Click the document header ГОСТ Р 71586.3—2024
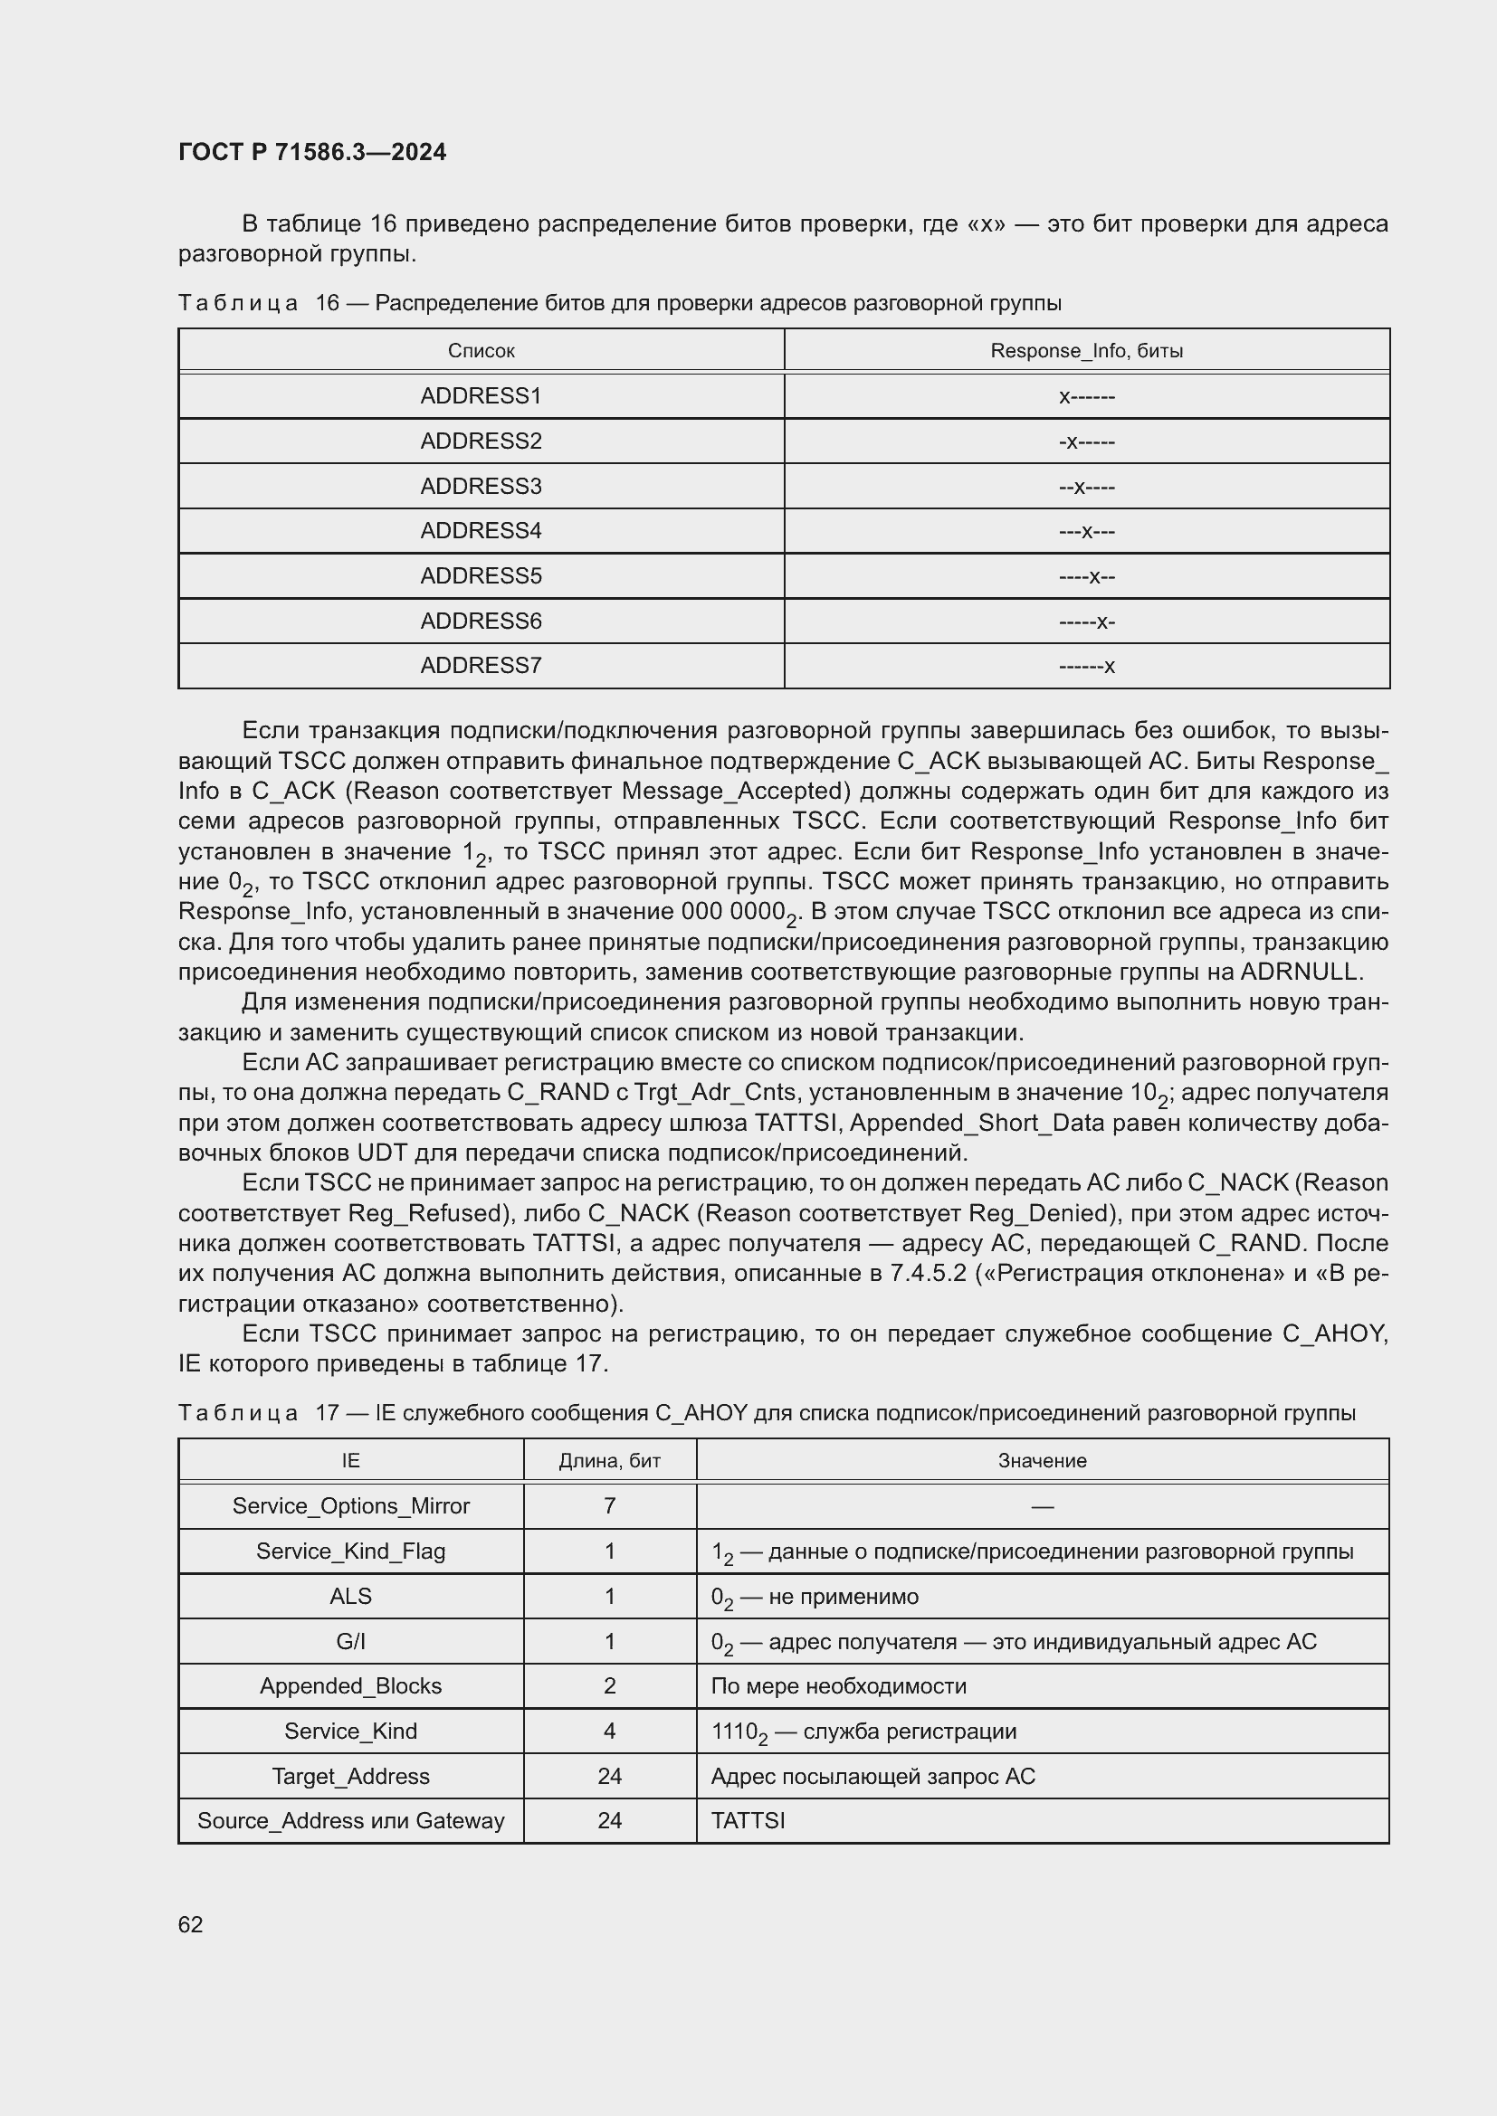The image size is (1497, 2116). [x=311, y=152]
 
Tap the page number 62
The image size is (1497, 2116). [x=190, y=1924]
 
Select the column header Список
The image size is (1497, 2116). [x=481, y=351]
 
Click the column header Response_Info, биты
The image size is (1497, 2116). [x=1086, y=351]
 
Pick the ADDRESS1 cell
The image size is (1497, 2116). [x=481, y=396]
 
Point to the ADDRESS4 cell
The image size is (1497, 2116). [x=481, y=531]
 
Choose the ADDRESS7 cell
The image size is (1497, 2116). [x=481, y=666]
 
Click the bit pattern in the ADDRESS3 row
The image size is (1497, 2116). [x=1086, y=487]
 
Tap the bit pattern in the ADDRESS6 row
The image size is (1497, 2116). [x=1086, y=622]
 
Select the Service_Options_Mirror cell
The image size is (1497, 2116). [x=350, y=1506]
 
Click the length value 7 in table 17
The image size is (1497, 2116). [x=609, y=1506]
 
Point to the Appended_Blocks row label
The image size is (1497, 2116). [x=350, y=1685]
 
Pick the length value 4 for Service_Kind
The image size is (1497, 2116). [x=609, y=1731]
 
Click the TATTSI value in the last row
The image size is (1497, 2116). [x=748, y=1820]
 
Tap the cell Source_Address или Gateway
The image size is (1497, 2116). [x=350, y=1820]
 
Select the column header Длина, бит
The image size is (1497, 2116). [x=609, y=1461]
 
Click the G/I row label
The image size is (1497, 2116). [x=350, y=1641]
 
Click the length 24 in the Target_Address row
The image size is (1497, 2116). [x=609, y=1776]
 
